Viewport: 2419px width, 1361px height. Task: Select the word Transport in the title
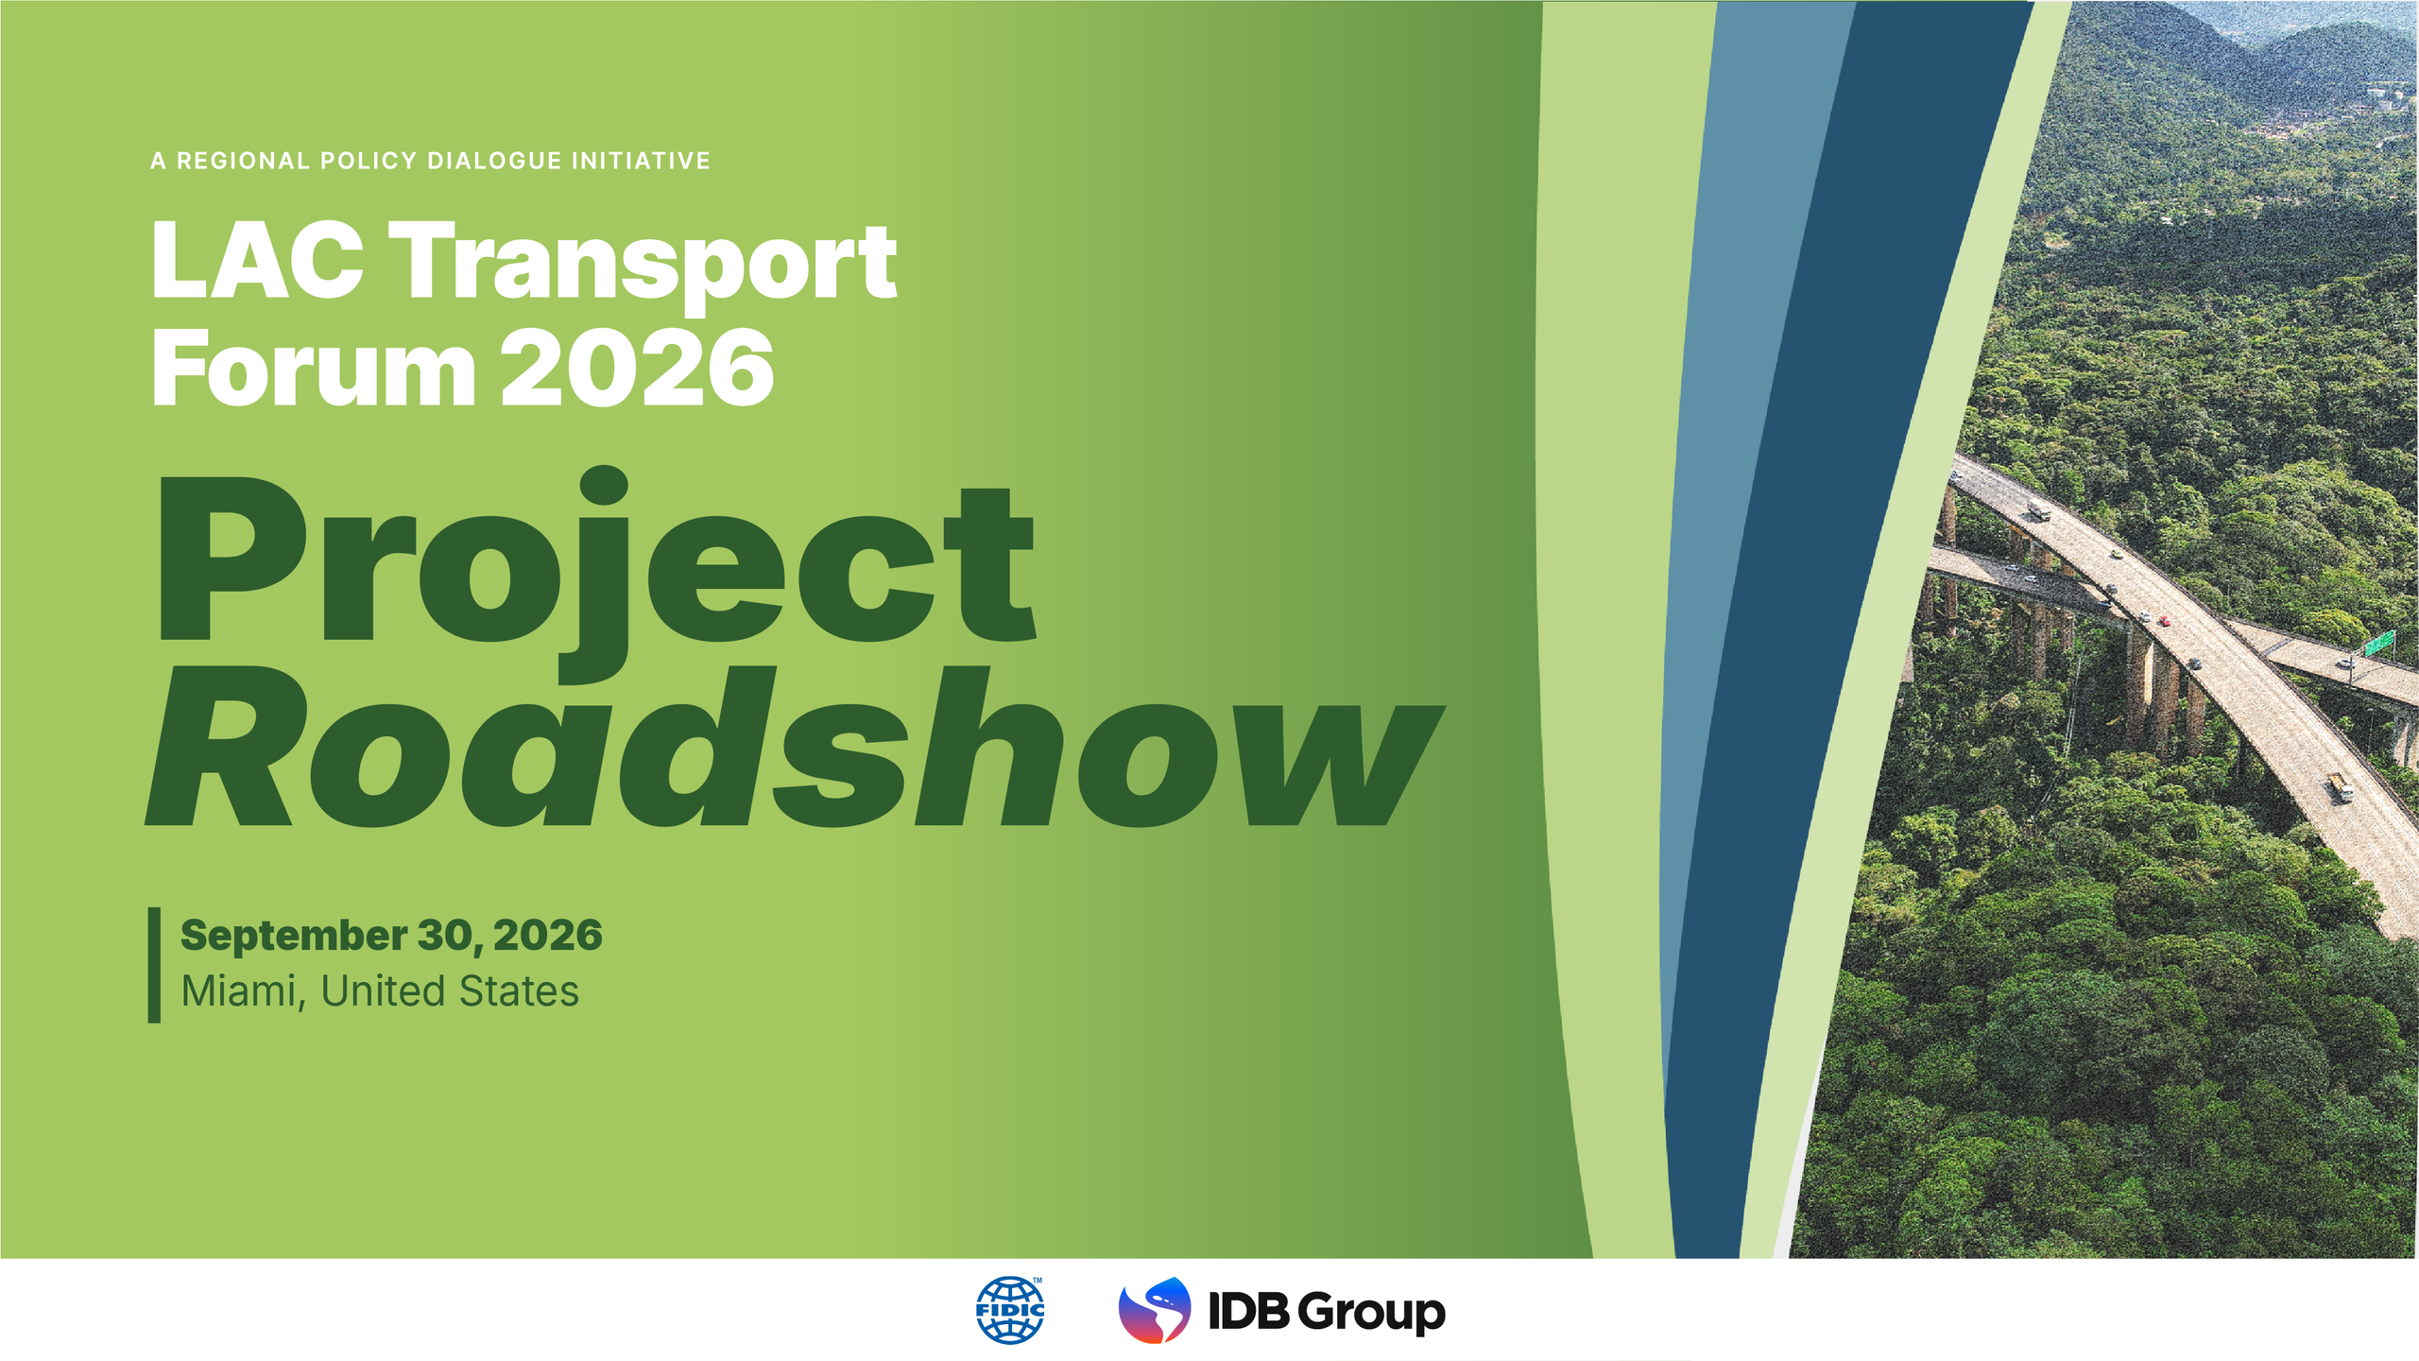click(x=643, y=265)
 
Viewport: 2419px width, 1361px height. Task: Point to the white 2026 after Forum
click(x=637, y=368)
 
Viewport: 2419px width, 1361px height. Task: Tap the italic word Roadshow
click(x=794, y=747)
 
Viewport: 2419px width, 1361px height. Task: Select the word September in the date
click(x=294, y=937)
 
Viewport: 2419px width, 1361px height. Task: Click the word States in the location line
click(x=519, y=991)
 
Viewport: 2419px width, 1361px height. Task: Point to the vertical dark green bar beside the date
click(x=154, y=965)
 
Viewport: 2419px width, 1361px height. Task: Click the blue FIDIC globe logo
click(x=1010, y=1310)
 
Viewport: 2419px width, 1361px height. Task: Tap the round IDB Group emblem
click(x=1155, y=1310)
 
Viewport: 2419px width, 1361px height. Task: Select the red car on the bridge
click(x=2164, y=620)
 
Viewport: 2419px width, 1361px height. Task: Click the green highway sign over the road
click(x=2378, y=643)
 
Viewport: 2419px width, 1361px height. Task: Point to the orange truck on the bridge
click(x=2340, y=785)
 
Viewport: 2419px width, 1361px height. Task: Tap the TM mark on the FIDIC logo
click(x=1038, y=1281)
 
